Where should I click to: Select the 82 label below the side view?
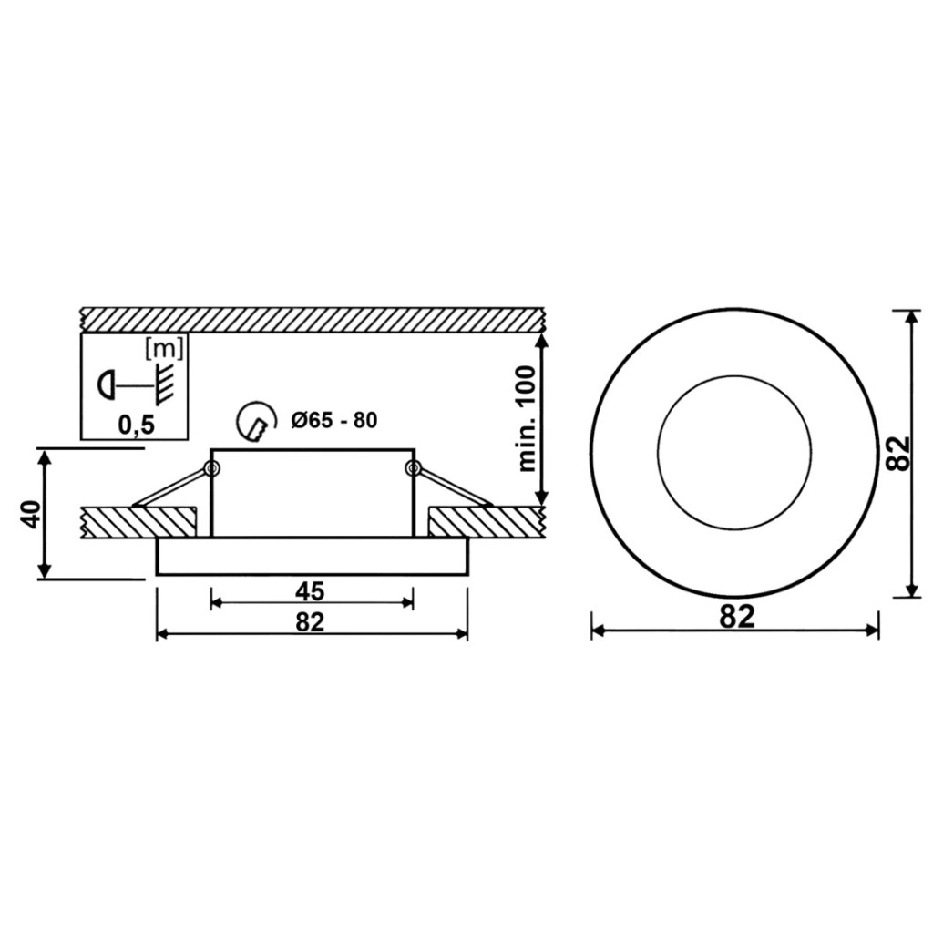tap(310, 621)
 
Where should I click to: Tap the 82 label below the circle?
tap(736, 617)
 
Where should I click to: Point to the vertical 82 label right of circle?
tap(897, 454)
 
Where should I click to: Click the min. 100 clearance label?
tap(527, 419)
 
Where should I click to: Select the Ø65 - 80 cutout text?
tap(334, 421)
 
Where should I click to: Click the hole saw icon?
tap(257, 421)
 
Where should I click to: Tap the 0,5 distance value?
tap(137, 425)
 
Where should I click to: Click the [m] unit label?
tap(164, 350)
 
